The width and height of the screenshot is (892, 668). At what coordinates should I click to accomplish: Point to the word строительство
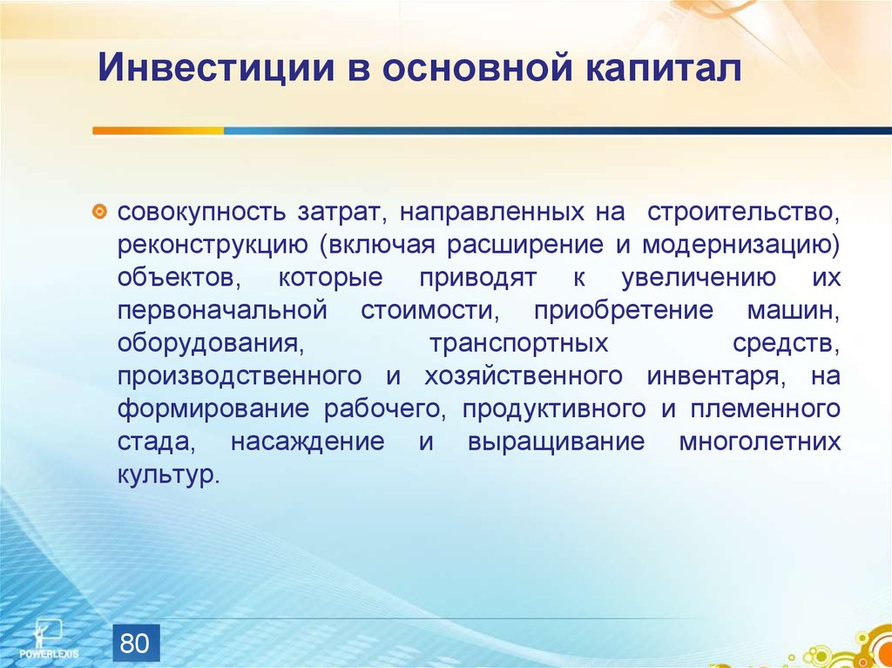point(743,213)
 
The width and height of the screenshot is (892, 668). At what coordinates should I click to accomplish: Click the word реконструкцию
point(213,246)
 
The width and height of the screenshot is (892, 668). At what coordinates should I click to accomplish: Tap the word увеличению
point(698,278)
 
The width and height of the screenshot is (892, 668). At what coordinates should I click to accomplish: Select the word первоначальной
point(222,311)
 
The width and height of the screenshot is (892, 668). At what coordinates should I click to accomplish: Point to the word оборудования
point(209,344)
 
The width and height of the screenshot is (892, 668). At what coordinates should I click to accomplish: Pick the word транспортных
point(518,344)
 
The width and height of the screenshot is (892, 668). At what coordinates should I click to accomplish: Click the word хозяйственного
point(523,377)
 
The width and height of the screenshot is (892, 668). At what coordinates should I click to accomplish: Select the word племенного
point(766,409)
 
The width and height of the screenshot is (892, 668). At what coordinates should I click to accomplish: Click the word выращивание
point(556,442)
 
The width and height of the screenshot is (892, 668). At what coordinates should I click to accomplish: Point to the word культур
point(168,476)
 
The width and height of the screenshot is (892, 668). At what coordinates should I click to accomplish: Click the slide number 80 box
point(136,643)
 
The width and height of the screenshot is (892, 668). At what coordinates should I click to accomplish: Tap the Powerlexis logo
point(49,638)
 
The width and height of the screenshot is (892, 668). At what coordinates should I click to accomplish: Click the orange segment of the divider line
point(159,131)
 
